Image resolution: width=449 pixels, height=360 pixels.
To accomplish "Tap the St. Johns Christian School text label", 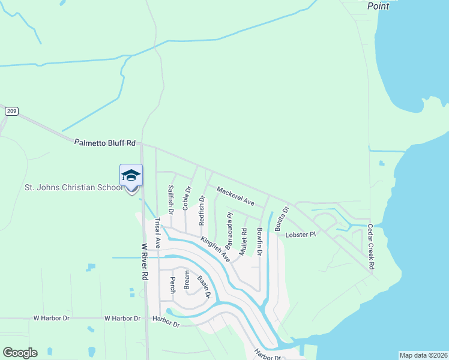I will tap(73, 187).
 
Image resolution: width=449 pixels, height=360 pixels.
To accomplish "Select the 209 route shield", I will tap(12, 111).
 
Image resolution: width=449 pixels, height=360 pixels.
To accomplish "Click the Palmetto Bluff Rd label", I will tap(105, 143).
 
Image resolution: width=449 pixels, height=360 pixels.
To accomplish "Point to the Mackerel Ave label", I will tap(236, 196).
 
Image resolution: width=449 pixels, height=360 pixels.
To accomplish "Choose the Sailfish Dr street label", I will tap(170, 200).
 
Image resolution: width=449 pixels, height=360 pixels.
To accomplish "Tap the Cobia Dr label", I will tap(187, 198).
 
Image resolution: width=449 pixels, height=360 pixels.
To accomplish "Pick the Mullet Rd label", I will tap(243, 242).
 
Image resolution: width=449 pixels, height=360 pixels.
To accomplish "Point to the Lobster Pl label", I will tap(300, 235).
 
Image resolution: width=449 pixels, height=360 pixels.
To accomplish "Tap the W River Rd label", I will tap(145, 262).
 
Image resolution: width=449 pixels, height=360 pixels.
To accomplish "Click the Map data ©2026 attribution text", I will tap(423, 355).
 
